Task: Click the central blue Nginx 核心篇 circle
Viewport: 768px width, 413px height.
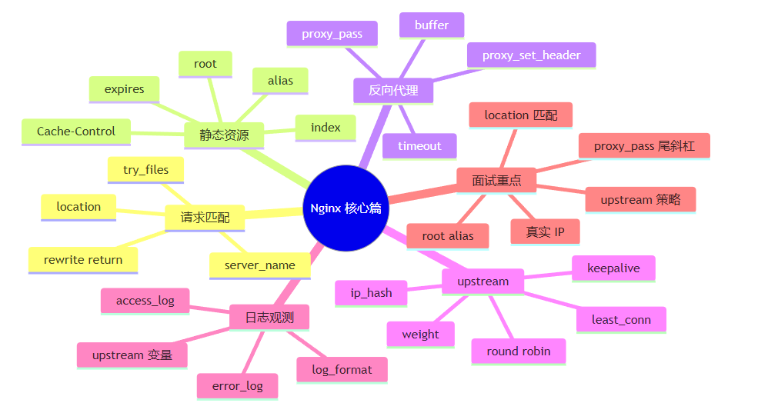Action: tap(346, 208)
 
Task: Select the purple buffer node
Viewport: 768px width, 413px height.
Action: tap(432, 25)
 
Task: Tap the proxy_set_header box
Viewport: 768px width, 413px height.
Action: tap(532, 55)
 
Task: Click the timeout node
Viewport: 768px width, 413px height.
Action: tap(419, 146)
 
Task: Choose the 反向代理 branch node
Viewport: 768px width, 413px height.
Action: tap(393, 91)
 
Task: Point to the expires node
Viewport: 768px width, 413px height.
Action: tap(124, 89)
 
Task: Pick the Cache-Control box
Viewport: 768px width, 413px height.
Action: tap(76, 132)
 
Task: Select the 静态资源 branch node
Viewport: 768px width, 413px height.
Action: tap(224, 135)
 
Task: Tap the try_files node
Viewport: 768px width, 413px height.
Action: tap(145, 170)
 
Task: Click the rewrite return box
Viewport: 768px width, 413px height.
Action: tap(83, 260)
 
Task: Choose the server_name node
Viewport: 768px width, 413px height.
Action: tap(259, 265)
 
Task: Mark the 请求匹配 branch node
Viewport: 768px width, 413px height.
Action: tap(205, 218)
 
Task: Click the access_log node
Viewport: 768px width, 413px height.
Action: tap(145, 301)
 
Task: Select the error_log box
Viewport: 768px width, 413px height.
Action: tap(238, 387)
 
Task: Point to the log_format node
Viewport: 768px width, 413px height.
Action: tap(342, 370)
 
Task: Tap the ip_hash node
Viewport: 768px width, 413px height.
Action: tap(371, 293)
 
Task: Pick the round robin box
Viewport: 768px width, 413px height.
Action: tap(518, 351)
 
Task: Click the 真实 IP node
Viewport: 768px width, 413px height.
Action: tap(545, 232)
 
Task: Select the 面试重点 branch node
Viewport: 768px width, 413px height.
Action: tap(496, 181)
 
